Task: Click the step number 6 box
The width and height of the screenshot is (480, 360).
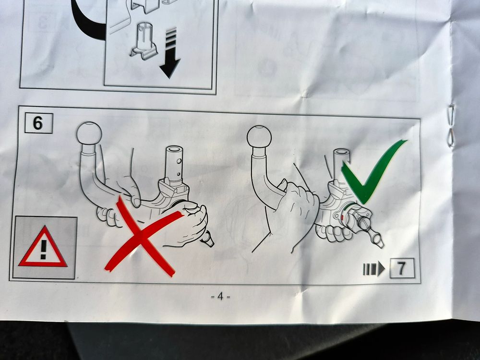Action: coord(38,123)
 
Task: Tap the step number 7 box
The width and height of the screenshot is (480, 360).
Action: coord(402,268)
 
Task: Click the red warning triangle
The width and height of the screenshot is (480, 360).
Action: coord(43,247)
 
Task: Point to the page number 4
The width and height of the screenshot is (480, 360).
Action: coord(220,296)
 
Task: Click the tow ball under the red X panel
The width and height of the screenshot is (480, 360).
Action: coord(89,133)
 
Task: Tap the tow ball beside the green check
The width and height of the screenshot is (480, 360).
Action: coord(259,137)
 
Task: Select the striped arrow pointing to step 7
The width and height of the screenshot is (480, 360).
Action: coord(374,268)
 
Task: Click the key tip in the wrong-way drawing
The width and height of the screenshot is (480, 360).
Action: coord(208,239)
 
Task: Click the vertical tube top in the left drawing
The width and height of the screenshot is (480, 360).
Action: coord(174,150)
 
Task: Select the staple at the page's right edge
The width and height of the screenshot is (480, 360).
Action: coord(451,125)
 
